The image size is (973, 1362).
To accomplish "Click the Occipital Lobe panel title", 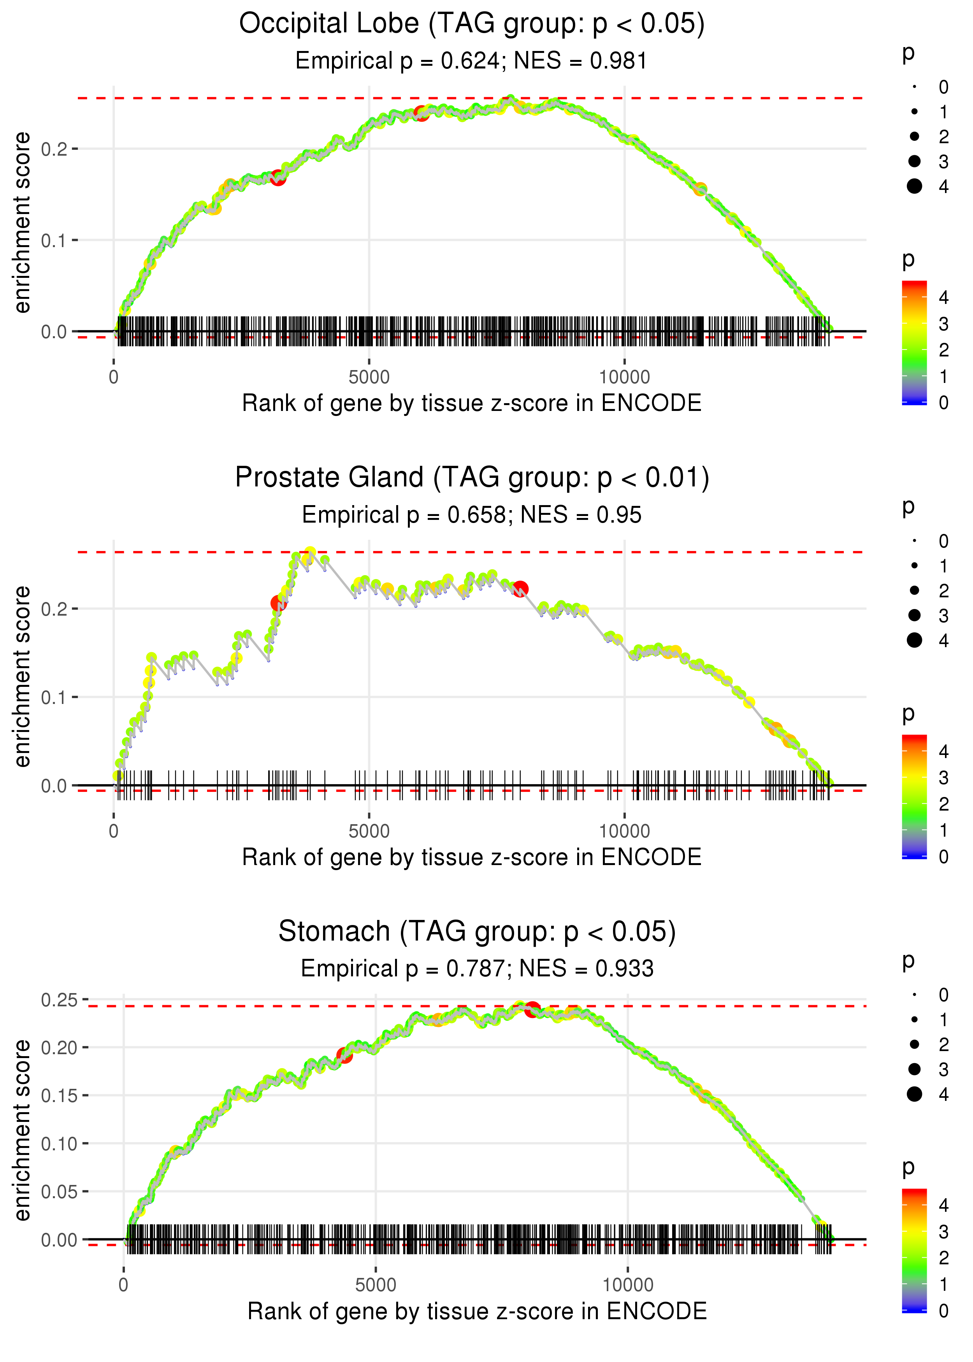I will pos(472,25).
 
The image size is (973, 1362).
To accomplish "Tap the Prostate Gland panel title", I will pos(472,478).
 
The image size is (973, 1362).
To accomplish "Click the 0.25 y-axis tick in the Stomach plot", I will pos(59,1000).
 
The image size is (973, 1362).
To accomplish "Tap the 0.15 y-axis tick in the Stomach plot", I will pos(59,1095).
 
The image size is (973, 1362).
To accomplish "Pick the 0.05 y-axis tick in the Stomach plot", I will pos(59,1191).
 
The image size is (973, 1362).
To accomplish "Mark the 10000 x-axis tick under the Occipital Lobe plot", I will pos(624,377).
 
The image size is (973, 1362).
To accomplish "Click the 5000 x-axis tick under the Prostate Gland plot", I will pos(369,831).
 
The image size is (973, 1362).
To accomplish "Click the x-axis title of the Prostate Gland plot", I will pos(472,857).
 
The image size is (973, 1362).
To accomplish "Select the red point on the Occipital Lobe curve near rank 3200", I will pos(277,177).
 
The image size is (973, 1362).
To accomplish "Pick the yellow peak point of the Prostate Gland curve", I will pos(310,552).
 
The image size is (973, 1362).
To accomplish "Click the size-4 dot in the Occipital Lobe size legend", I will pos(914,186).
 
